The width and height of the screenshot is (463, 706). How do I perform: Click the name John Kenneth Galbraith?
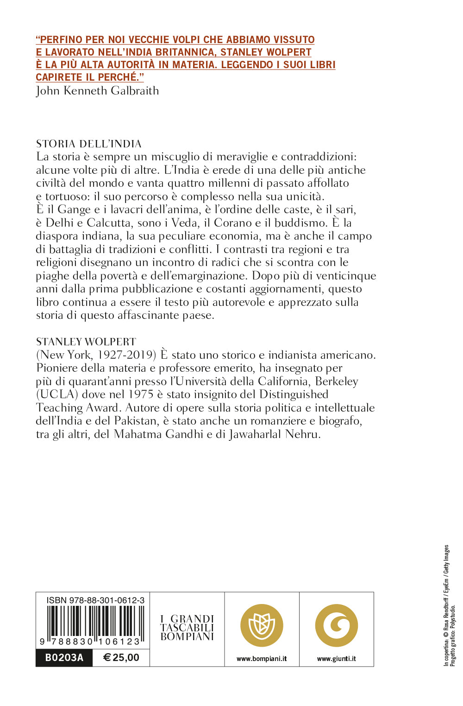pyautogui.click(x=97, y=90)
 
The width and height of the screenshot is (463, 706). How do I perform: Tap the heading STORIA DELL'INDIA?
pyautogui.click(x=89, y=144)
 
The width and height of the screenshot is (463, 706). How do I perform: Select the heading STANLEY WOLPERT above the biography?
pyautogui.click(x=86, y=342)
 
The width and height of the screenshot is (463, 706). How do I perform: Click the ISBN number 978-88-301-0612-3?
pyautogui.click(x=95, y=600)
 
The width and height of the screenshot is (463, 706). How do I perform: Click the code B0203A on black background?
pyautogui.click(x=64, y=657)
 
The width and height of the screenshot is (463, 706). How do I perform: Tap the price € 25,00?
pyautogui.click(x=121, y=657)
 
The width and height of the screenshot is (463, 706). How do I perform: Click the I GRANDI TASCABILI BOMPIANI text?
pyautogui.click(x=187, y=628)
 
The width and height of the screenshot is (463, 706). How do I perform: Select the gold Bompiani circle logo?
pyautogui.click(x=262, y=625)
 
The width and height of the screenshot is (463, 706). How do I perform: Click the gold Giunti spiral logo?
pyautogui.click(x=337, y=625)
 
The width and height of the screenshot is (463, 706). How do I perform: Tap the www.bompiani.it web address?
pyautogui.click(x=262, y=659)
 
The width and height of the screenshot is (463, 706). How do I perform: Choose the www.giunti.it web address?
pyautogui.click(x=337, y=659)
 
